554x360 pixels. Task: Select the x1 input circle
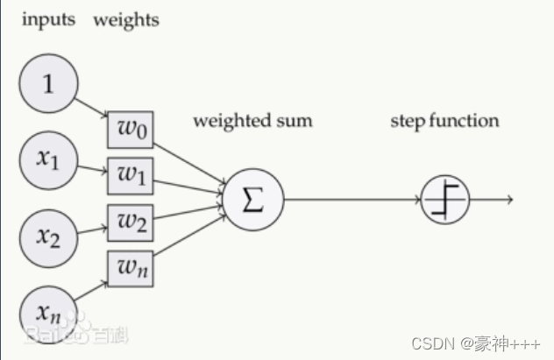point(49,159)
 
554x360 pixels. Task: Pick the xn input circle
point(49,309)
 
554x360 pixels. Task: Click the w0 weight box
point(130,131)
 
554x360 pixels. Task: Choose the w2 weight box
point(130,222)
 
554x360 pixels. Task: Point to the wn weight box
point(130,267)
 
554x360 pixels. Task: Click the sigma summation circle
point(252,200)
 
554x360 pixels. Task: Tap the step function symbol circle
point(445,200)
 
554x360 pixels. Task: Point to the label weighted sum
point(252,120)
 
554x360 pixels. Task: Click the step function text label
point(444,120)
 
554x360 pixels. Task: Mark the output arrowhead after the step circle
point(508,200)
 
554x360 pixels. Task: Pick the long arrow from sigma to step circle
point(351,200)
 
